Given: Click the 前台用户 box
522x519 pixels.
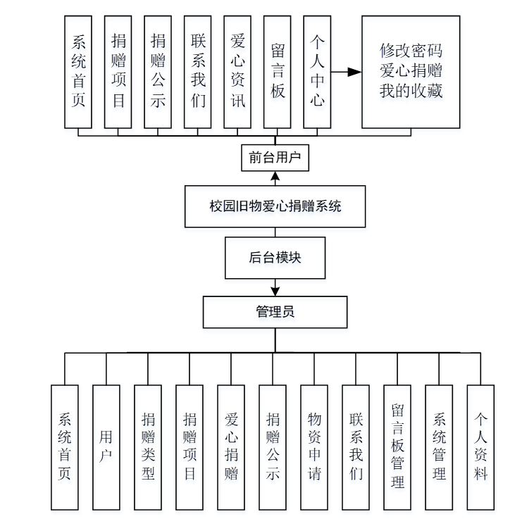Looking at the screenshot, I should point(275,157).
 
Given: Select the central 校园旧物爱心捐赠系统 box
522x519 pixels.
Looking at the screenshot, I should point(275,206).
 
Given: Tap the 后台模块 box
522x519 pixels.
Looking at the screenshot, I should point(275,258).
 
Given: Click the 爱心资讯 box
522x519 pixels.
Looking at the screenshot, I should point(237,72).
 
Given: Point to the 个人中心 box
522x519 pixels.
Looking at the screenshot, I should point(317,72).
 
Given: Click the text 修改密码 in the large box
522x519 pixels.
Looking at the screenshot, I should point(411,51).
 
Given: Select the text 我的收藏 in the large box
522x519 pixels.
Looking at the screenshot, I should point(411,91).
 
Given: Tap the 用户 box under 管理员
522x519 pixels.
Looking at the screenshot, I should point(106,447).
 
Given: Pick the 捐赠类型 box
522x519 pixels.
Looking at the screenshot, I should point(148,447).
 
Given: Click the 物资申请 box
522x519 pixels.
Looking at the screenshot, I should point(314,447).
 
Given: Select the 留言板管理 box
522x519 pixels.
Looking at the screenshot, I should point(397,447).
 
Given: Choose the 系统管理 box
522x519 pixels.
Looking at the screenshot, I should point(439,447).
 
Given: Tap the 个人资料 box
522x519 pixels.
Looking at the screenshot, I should point(480,447).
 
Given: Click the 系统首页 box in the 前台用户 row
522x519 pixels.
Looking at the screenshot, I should point(78,72).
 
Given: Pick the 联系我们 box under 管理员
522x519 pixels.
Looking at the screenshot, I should point(356,447).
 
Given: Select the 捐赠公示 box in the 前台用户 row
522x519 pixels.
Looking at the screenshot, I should point(158,72).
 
